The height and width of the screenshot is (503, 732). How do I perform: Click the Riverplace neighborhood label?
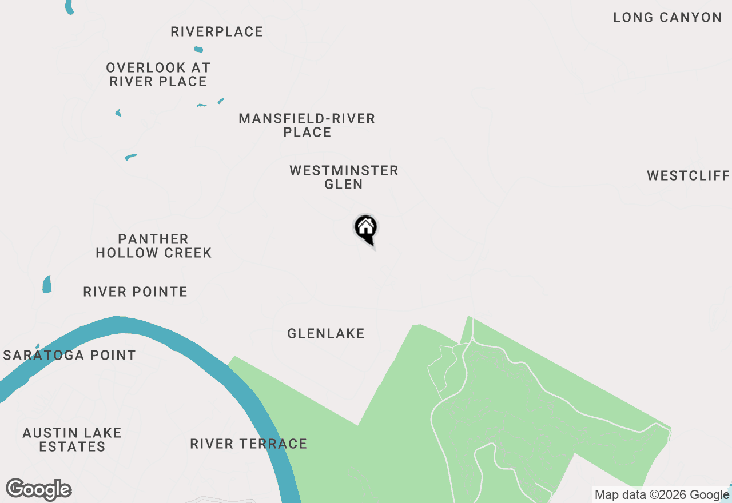click(217, 32)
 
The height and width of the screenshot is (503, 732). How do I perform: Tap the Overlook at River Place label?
click(158, 75)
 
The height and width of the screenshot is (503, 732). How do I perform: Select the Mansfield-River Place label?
click(307, 125)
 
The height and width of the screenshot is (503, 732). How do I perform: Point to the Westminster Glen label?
click(344, 177)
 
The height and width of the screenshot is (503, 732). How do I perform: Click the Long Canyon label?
click(667, 18)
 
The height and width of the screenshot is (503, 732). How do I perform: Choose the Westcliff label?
click(689, 175)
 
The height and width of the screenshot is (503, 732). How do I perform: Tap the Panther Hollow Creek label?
click(153, 246)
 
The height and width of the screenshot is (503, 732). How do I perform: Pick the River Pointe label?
click(135, 292)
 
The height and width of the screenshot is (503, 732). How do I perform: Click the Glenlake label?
click(325, 333)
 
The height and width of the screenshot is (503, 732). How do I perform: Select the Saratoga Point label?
click(70, 355)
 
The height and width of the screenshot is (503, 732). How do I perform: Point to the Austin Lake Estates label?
click(72, 440)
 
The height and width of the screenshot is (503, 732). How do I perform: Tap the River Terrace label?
click(248, 444)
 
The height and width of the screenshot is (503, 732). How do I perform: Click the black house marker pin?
click(366, 229)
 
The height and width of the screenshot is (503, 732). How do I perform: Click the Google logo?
click(39, 489)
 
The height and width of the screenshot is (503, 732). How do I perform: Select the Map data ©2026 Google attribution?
click(662, 494)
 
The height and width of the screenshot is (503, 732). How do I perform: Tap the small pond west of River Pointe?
click(47, 284)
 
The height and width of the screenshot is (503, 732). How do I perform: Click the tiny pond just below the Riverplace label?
click(198, 50)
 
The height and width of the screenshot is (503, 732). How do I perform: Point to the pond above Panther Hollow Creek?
click(130, 157)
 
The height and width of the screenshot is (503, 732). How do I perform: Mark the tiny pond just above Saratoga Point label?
click(38, 346)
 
